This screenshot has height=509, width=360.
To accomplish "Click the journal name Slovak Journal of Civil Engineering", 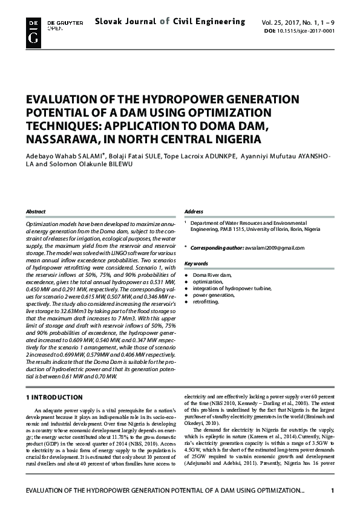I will pos(169,22).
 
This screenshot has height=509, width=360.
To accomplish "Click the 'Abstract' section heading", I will pos(35,212).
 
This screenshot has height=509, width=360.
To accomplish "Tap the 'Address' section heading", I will pos(194,212).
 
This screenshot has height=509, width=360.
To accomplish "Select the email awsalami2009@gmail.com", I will pos(275,248).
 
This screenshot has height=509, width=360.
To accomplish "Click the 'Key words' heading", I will pos(196,264).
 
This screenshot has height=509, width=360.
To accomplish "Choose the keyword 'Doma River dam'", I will pos(212,275).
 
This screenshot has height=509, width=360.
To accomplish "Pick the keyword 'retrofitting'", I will pos(206,302).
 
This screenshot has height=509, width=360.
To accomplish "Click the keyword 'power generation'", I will pos(213,295).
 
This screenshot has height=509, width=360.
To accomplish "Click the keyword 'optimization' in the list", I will pos(208,282).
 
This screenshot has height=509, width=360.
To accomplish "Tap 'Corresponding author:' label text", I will pos(217,248).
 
